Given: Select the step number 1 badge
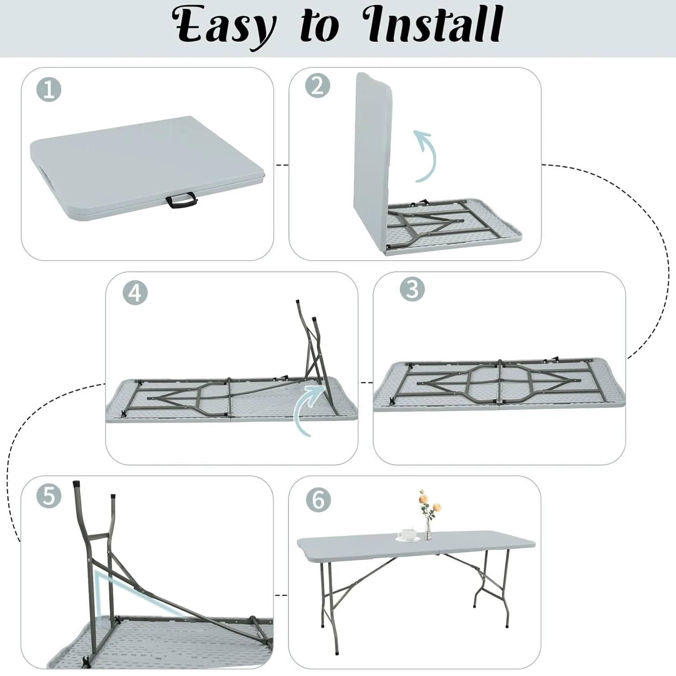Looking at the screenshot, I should pos(49,90).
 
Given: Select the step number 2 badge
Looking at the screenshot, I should pos(317,86).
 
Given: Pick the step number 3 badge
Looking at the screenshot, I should pos(412,289).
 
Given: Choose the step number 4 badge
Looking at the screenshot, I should pos(135,293).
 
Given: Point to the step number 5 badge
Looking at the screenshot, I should pos(49,495).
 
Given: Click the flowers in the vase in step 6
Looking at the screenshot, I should pos(428,502).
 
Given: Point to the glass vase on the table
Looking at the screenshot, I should pos(427,531).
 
